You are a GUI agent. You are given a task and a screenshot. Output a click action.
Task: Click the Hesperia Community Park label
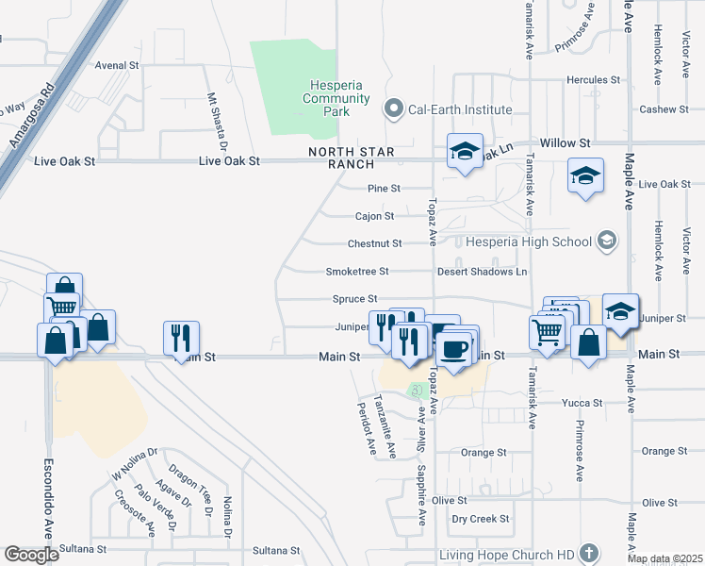pos(323,98)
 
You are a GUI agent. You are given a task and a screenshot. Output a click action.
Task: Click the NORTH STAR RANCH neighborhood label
pos(351,158)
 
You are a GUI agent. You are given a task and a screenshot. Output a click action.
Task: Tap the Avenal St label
pos(118,66)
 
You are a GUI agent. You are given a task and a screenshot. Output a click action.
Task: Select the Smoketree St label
pos(357,271)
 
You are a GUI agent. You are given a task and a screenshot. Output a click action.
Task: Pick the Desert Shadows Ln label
pos(482,272)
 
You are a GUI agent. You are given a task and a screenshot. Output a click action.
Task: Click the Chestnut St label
pos(374,243)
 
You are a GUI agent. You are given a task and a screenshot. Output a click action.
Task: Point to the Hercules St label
pos(593,80)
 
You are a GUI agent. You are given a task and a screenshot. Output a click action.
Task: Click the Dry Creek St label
pos(481,519)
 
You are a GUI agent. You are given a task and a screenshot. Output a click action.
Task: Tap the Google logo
pos(30,554)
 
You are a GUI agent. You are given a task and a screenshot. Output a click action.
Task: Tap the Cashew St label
pos(664,109)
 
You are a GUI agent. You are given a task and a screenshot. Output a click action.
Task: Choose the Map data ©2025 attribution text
pos(664,559)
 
